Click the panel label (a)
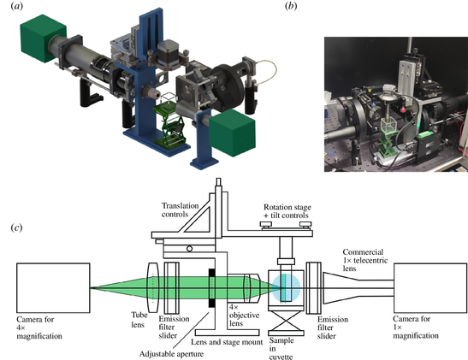coord(17,6)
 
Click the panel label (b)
coord(291,6)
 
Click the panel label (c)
coord(16,227)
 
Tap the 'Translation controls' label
coord(180,210)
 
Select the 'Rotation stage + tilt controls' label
coord(287,211)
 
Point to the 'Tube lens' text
coord(139,320)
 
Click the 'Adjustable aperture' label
coord(171,354)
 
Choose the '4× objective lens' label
coord(244,315)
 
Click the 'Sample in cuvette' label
coord(281,348)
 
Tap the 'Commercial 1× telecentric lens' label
coord(365,260)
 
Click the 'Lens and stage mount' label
coord(227,342)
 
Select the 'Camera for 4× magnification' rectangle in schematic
coord(53,288)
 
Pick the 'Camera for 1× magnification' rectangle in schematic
coord(430,288)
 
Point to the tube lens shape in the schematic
coord(153,287)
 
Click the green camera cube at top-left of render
coord(44,38)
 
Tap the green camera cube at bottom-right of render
coord(232,133)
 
